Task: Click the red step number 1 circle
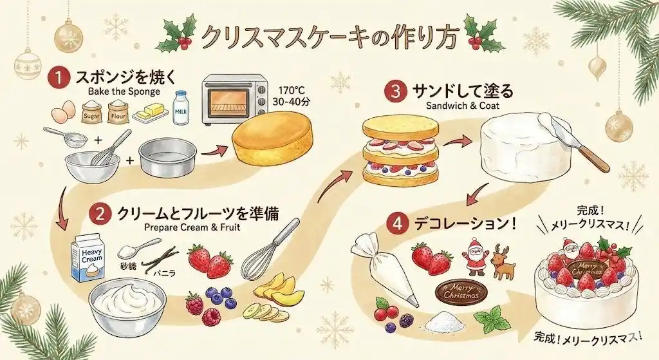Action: tap(59, 79)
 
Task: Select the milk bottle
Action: tap(181, 108)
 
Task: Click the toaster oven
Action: tap(235, 99)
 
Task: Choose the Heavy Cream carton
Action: tap(88, 258)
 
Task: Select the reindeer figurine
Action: tap(504, 262)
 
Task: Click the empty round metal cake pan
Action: tap(168, 158)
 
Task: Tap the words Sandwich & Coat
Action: tap(462, 105)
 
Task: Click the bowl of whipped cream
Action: tap(127, 304)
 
